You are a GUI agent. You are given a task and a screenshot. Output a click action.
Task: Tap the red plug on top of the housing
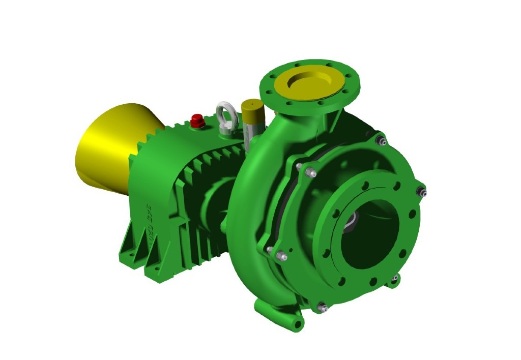click(197, 121)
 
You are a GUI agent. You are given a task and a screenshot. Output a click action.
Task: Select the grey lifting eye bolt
click(225, 116)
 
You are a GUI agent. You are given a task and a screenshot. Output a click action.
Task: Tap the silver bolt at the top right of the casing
click(381, 140)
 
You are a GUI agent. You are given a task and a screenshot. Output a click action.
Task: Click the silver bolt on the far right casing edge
click(422, 192)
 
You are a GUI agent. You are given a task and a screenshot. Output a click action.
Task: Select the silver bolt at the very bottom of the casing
click(322, 307)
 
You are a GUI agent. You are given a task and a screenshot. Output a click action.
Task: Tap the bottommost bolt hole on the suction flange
click(373, 280)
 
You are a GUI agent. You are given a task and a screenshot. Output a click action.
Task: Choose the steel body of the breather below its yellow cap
click(251, 125)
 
